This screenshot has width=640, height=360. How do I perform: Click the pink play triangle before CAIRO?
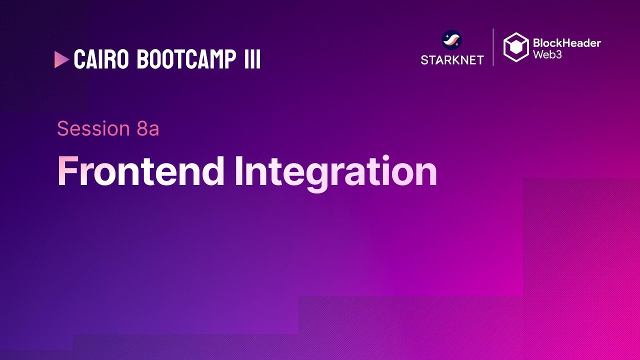(61, 59)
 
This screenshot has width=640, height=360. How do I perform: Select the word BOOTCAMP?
(186, 59)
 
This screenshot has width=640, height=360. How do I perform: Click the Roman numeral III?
(252, 59)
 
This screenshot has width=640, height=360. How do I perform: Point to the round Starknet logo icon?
(451, 40)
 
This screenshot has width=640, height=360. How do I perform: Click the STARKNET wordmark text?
(452, 60)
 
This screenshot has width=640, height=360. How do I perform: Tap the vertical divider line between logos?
(493, 47)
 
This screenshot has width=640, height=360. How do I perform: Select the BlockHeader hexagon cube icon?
(516, 47)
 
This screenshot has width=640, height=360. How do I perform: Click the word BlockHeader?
(567, 43)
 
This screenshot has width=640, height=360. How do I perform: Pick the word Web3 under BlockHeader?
(547, 54)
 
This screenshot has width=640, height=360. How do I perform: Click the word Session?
(93, 128)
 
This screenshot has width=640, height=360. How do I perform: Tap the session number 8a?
(147, 128)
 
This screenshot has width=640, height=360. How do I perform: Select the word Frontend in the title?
(141, 171)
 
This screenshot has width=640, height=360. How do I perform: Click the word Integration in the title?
(335, 173)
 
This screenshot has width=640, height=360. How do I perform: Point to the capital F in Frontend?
(68, 171)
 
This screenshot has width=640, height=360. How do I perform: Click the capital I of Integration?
(239, 171)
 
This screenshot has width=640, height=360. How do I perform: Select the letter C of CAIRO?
(80, 59)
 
